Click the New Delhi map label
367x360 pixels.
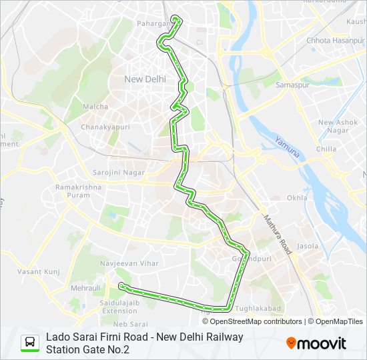[145, 79]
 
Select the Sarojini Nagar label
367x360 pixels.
[119, 172]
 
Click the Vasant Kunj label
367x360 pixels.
[39, 271]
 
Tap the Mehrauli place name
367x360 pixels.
[85, 287]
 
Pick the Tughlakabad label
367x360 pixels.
[258, 308]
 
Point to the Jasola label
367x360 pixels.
[308, 246]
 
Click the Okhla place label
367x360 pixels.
[297, 198]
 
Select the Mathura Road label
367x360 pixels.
[278, 235]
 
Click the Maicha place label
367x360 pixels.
[91, 107]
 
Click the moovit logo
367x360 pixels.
[316, 343]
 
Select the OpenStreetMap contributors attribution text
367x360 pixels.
[247, 321]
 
